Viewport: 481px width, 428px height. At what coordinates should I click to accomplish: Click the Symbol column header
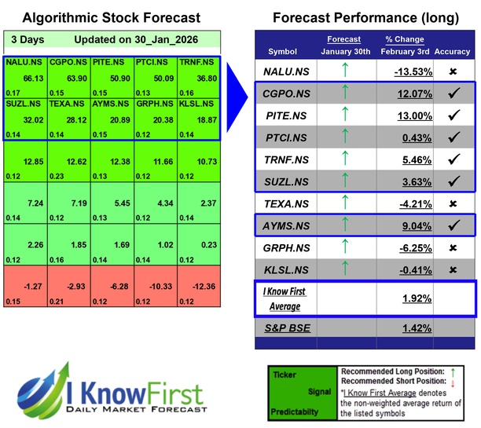click(283, 51)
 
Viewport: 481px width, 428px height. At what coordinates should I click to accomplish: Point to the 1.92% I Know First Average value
click(417, 299)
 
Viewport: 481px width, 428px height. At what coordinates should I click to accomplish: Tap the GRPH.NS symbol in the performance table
click(283, 248)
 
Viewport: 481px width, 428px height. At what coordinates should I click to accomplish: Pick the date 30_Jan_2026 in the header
click(163, 39)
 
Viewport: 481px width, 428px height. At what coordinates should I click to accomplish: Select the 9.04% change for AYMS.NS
click(416, 226)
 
